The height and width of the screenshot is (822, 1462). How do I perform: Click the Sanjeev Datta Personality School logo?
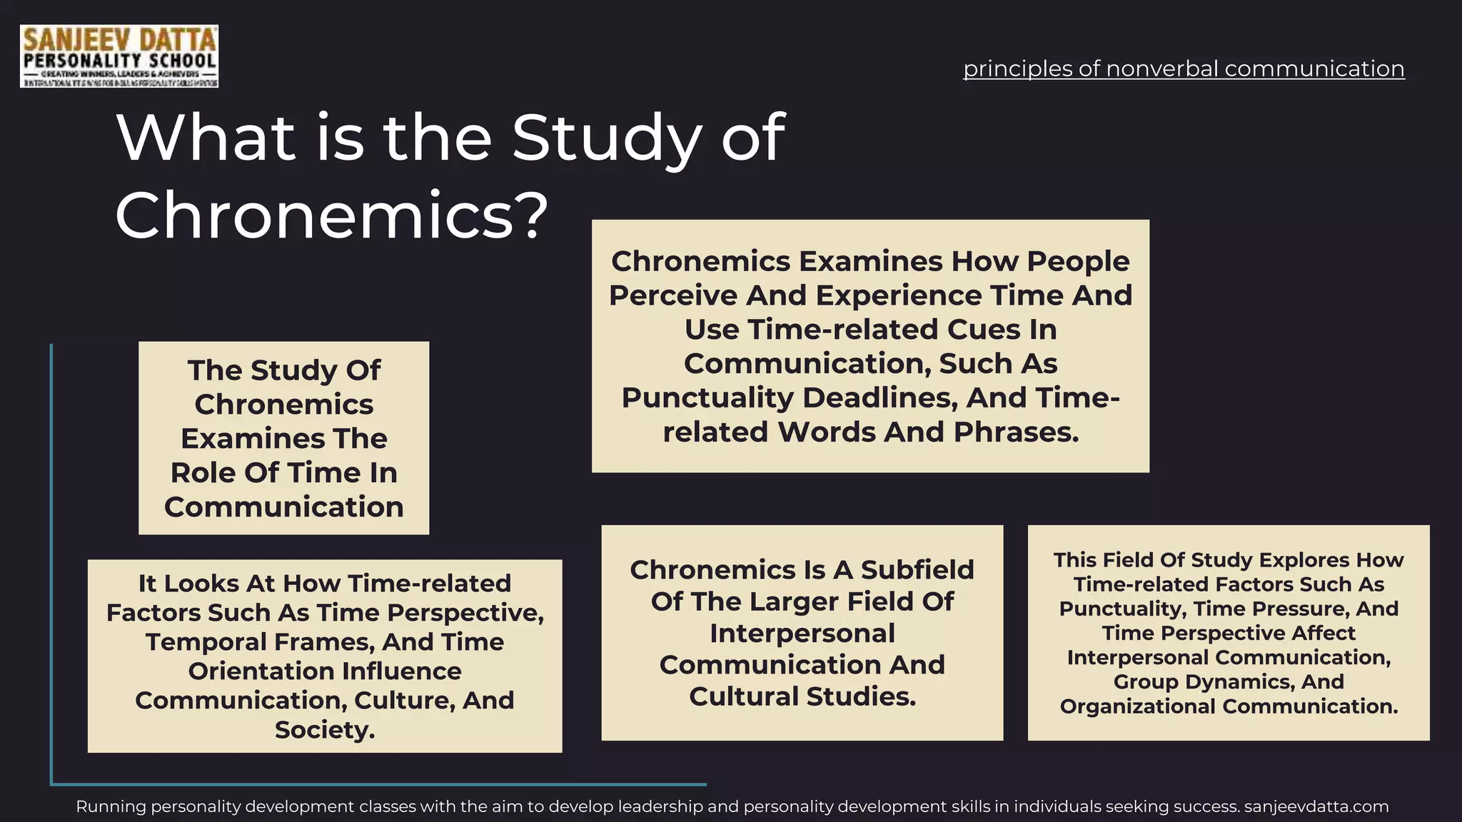click(x=119, y=56)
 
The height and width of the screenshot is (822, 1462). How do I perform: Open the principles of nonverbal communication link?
click(x=1184, y=68)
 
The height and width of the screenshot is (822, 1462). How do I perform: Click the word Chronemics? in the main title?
click(x=331, y=215)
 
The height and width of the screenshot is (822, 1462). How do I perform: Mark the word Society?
click(x=325, y=730)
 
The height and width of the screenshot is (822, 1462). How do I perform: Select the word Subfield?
click(x=917, y=569)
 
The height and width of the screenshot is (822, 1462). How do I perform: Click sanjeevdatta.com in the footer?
click(x=1316, y=807)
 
